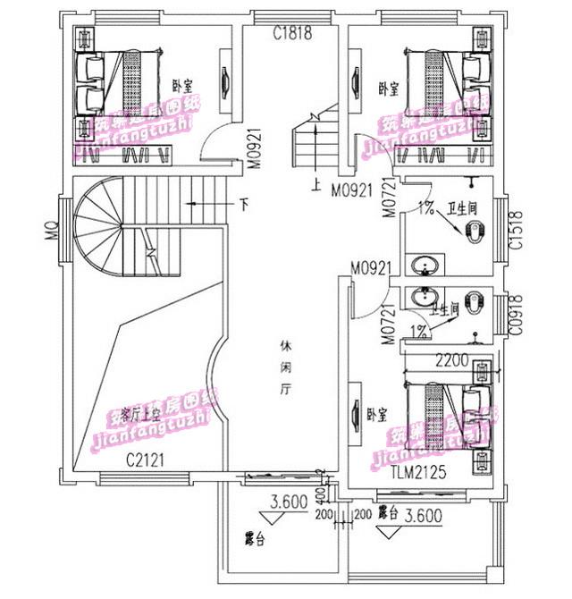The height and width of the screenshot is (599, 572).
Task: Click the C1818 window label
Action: [x=292, y=34]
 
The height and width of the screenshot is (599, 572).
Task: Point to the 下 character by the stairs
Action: [x=244, y=204]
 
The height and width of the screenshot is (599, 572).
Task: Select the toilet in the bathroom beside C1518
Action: [x=473, y=232]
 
